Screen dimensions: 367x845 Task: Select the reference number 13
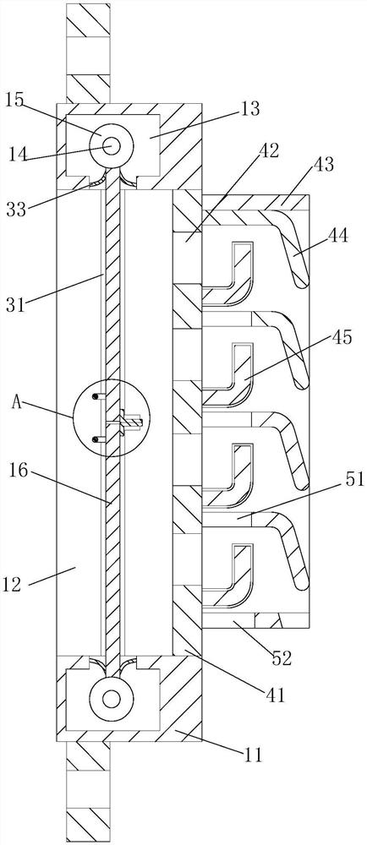coord(250,109)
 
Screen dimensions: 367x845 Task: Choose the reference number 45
coord(339,339)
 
